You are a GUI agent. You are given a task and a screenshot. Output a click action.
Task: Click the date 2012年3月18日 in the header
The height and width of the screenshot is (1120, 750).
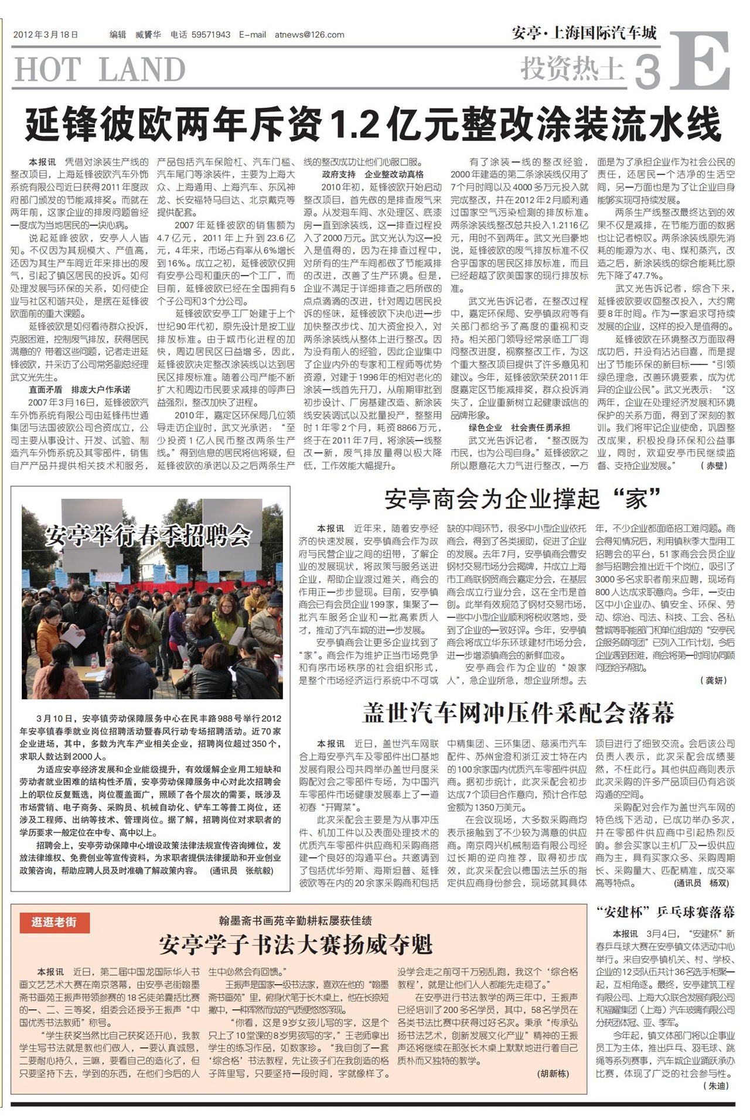(x=45, y=35)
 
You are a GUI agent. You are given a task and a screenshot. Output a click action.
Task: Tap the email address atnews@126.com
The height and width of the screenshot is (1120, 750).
(x=309, y=35)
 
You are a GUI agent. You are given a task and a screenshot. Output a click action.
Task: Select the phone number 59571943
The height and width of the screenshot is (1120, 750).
(x=210, y=35)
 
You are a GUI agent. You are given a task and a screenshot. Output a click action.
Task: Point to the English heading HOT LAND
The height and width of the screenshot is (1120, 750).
(x=100, y=70)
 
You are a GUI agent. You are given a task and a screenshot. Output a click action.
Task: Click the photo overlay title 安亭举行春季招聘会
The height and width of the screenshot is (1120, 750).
(x=148, y=535)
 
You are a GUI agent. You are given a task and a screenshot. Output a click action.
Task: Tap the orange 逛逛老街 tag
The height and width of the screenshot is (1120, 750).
(x=54, y=922)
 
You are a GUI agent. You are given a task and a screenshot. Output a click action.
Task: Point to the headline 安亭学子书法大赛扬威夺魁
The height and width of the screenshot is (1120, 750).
(x=296, y=944)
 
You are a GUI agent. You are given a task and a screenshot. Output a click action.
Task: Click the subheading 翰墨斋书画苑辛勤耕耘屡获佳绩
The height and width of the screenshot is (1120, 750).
(x=295, y=921)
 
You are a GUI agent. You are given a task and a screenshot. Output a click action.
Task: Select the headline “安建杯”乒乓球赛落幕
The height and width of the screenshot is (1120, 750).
(x=665, y=912)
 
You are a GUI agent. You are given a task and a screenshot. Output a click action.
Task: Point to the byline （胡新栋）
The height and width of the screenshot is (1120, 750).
(x=552, y=1074)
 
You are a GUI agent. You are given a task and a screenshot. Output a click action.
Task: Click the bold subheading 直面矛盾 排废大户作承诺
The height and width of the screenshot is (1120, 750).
(x=80, y=390)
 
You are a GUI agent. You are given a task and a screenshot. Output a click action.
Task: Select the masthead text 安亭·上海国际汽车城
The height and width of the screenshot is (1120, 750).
(x=584, y=33)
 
